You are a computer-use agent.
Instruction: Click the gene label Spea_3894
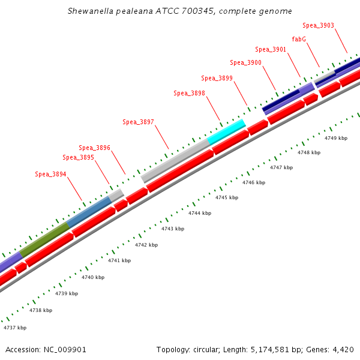point(50,175)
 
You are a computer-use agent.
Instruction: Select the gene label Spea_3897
point(139,122)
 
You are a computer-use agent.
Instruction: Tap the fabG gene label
point(300,39)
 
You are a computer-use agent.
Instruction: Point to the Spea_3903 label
point(318,26)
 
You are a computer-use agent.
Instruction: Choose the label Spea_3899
point(217,78)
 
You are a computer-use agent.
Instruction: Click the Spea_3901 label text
point(271,50)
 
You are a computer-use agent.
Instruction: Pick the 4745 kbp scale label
point(227,197)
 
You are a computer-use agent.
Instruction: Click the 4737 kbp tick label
point(15,328)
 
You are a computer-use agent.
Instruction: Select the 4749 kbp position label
point(336,138)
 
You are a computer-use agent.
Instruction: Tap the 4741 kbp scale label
point(119,260)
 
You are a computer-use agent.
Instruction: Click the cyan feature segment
point(226,131)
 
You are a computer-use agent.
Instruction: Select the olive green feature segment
point(45,239)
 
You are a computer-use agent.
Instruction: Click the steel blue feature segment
point(89,211)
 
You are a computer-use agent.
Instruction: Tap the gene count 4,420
point(344,349)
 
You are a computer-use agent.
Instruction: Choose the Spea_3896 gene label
point(95,148)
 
